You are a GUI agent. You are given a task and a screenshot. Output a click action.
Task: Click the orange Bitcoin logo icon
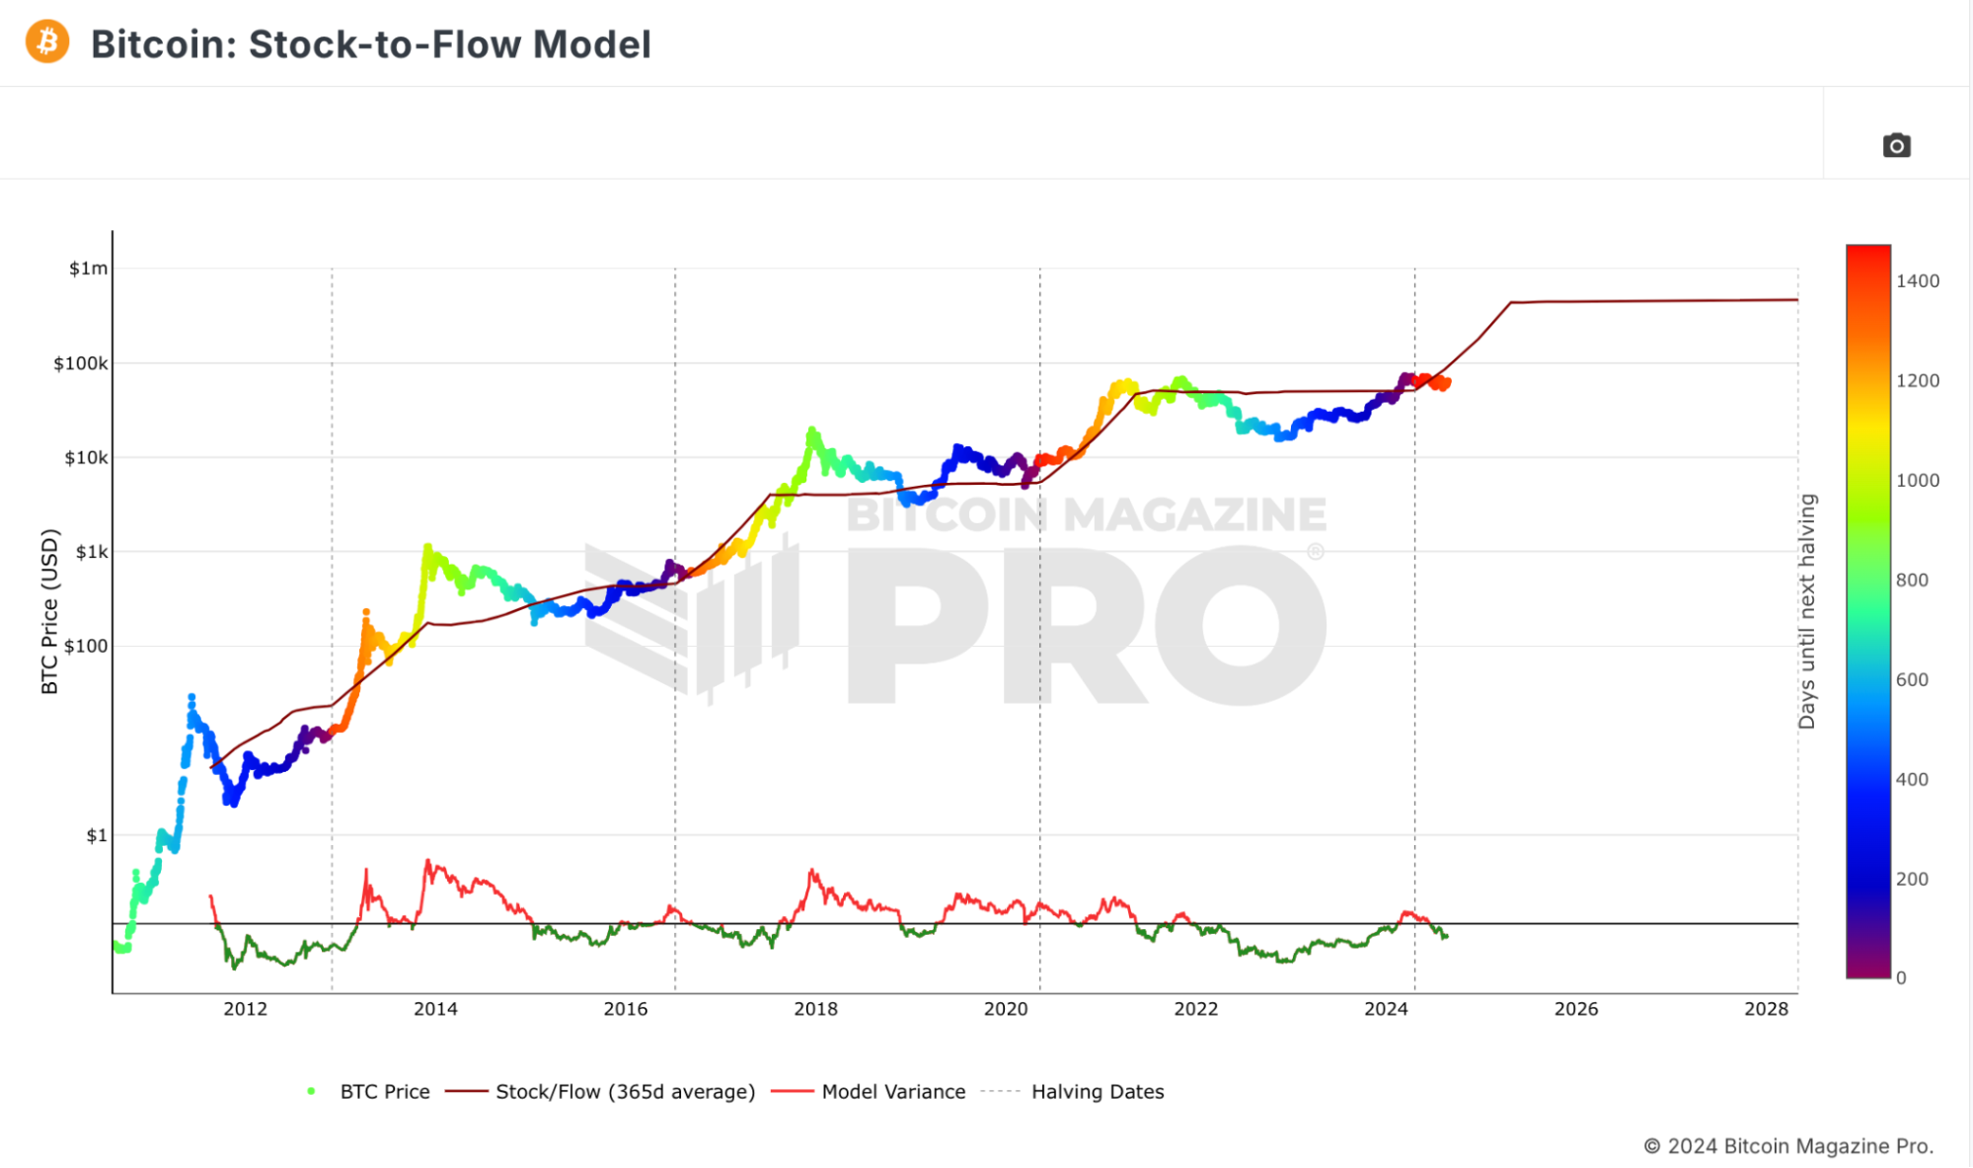(x=47, y=42)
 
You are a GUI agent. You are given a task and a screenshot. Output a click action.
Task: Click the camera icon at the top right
(x=1896, y=146)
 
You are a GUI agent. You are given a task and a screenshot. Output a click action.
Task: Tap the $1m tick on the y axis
(x=88, y=269)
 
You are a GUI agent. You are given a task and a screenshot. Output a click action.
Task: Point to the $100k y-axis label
(x=80, y=363)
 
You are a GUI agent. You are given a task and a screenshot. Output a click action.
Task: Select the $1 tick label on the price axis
(x=96, y=835)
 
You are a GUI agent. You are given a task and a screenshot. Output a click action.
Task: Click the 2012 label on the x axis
(x=245, y=1009)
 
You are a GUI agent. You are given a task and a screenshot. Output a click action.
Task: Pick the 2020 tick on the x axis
(x=1006, y=1009)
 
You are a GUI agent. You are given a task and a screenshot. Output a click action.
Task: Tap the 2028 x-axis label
(x=1766, y=1009)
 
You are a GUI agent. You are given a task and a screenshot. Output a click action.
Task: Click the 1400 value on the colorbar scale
(x=1917, y=281)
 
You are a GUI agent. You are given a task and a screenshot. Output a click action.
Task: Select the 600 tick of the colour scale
(x=1912, y=679)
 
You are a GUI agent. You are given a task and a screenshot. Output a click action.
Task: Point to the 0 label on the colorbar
(x=1901, y=977)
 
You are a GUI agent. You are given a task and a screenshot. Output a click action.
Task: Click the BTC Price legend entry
(x=384, y=1092)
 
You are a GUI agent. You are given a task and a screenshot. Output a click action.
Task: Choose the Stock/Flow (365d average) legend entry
(x=625, y=1092)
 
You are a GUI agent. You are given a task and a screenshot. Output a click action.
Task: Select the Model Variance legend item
(x=893, y=1092)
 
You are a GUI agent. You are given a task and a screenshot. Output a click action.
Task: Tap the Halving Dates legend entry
(x=1098, y=1092)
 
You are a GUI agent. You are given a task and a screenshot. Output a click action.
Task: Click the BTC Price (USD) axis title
(x=49, y=612)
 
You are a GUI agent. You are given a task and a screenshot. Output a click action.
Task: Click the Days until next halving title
(x=1806, y=612)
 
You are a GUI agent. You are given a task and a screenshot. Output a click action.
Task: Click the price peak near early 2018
(x=812, y=430)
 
